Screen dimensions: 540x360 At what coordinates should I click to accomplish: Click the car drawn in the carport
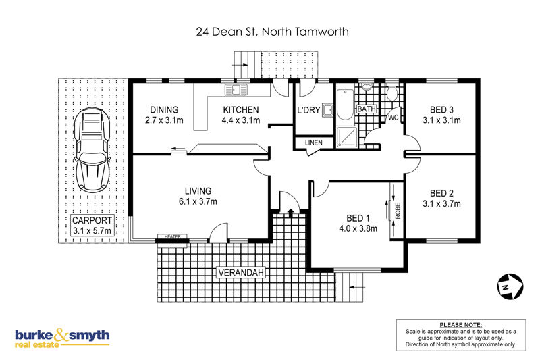pyautogui.click(x=92, y=150)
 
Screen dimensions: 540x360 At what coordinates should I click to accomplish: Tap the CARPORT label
pyautogui.click(x=92, y=220)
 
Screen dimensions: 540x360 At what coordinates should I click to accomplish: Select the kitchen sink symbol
pyautogui.click(x=236, y=90)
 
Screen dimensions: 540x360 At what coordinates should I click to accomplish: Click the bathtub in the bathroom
pyautogui.click(x=344, y=105)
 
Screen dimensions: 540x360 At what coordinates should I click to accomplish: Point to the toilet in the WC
pyautogui.click(x=391, y=93)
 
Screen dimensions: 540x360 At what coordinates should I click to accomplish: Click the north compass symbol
pyautogui.click(x=510, y=286)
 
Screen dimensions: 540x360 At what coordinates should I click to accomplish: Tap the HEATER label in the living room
pyautogui.click(x=173, y=236)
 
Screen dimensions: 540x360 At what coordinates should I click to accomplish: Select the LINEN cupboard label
pyautogui.click(x=313, y=143)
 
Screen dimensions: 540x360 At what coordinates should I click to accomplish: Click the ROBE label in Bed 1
pyautogui.click(x=398, y=211)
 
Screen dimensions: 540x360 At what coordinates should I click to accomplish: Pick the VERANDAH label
pyautogui.click(x=241, y=272)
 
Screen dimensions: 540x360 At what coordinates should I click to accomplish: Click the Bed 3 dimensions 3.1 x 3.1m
pyautogui.click(x=441, y=120)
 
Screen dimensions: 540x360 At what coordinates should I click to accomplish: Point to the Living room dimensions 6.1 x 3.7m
pyautogui.click(x=198, y=201)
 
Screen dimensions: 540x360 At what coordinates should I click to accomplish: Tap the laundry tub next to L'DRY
pyautogui.click(x=327, y=110)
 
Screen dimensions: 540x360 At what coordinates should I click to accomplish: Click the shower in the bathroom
pyautogui.click(x=344, y=137)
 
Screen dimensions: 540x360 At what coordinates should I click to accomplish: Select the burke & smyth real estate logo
pyautogui.click(x=62, y=338)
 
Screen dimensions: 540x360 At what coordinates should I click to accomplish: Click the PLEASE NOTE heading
pyautogui.click(x=461, y=325)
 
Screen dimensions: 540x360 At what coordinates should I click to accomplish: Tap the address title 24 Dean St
pyautogui.click(x=225, y=32)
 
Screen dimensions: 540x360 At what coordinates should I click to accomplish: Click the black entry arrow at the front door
pyautogui.click(x=290, y=213)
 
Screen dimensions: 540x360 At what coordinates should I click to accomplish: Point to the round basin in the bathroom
pyautogui.click(x=367, y=86)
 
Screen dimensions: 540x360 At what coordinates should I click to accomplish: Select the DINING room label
pyautogui.click(x=164, y=110)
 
